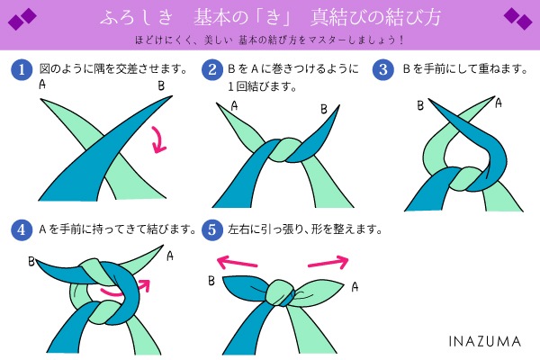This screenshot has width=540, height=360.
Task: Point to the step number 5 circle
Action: (x=212, y=229)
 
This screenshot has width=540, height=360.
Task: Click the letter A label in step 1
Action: (x=42, y=84)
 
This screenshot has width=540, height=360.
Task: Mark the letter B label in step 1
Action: (x=161, y=85)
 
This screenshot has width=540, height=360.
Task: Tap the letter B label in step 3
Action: (x=419, y=105)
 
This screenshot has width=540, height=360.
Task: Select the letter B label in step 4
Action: (x=31, y=263)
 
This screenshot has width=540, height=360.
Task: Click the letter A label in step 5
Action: (x=355, y=287)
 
